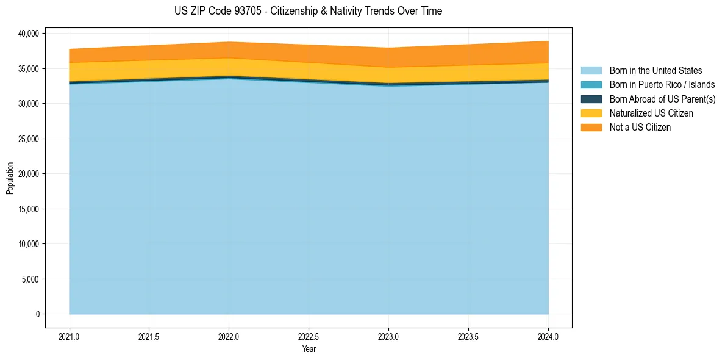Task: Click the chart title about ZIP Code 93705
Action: point(308,11)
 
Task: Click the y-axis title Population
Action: point(10,178)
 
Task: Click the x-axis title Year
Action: point(309,350)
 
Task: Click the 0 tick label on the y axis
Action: point(37,314)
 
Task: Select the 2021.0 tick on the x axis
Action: point(70,336)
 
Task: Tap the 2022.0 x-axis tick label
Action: point(229,336)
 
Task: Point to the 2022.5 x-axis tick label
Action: point(309,336)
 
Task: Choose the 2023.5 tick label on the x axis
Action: point(468,336)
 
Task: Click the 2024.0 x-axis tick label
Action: point(548,336)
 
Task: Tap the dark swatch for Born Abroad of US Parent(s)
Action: point(591,99)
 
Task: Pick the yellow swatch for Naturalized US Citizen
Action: point(591,113)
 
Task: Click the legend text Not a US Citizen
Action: point(640,127)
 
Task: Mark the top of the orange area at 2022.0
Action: point(229,42)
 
